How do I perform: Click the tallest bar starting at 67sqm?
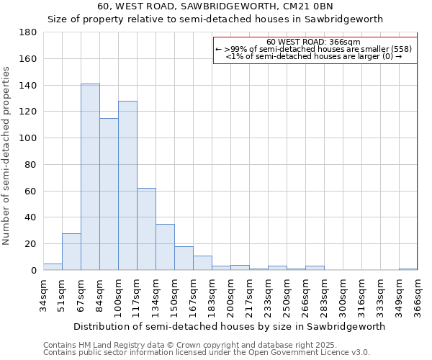90,177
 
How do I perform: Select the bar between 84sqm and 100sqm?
109,194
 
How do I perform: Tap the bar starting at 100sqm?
127,186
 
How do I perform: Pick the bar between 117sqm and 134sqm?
146,229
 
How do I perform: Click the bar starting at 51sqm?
71,252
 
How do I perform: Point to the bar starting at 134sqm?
165,247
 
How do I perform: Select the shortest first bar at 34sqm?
53,266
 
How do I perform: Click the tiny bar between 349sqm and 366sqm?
408,269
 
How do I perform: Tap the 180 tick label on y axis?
28,32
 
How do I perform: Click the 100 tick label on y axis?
28,138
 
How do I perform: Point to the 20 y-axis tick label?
31,244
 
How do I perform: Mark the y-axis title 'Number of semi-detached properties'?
6,155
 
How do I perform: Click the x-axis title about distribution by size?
229,326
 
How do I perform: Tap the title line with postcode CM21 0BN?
215,6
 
